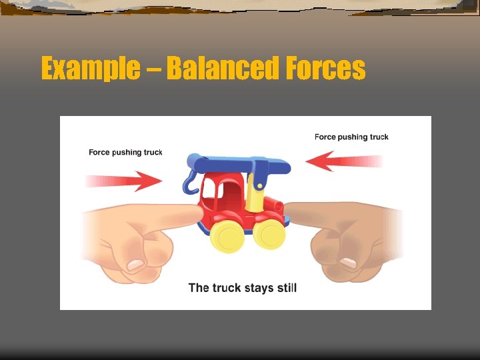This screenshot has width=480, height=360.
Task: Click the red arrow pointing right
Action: click(x=127, y=180)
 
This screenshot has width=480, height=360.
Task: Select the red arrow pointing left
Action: click(x=343, y=161)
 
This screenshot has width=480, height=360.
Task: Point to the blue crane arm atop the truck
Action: click(x=233, y=162)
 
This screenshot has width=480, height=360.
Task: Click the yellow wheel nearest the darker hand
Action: click(x=269, y=233)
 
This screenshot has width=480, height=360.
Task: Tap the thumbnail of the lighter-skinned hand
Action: click(x=136, y=265)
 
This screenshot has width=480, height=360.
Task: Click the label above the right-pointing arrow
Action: click(x=125, y=152)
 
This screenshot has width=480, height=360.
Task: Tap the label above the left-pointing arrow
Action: click(x=351, y=137)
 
